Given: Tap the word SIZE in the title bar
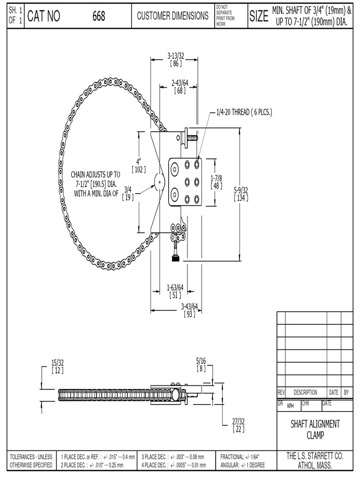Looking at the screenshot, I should tap(259, 17).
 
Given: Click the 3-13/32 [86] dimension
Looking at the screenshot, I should tap(176, 60).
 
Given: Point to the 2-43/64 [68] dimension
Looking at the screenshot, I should tap(180, 87).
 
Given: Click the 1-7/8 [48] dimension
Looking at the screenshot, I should tap(216, 182).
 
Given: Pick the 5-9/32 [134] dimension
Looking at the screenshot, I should tap(241, 194).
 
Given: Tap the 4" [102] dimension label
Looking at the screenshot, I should tap(139, 165).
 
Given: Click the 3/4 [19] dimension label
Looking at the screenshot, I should tap(127, 193).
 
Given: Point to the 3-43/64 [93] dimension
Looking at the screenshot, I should tap(189, 310).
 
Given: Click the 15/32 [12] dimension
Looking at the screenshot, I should tap(58, 366).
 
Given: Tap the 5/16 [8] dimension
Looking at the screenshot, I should tap(201, 364).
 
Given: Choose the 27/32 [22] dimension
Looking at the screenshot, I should tap(238, 425).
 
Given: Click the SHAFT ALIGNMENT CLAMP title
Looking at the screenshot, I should tap(315, 429).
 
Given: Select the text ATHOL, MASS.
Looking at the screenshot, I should tap(315, 465).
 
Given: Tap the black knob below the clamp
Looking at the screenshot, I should tap(176, 258).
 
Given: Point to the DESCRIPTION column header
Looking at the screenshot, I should tap(305, 392).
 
